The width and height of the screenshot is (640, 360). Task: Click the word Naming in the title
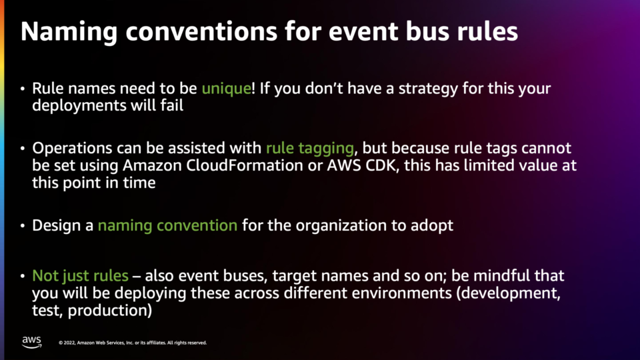click(69, 32)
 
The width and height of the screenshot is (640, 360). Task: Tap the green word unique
click(227, 89)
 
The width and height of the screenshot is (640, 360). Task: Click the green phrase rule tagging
click(310, 149)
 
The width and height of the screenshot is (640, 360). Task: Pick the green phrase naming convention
click(167, 225)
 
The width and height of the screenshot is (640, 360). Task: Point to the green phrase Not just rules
click(81, 276)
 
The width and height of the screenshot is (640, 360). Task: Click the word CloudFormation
click(245, 165)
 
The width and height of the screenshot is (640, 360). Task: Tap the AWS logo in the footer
click(32, 342)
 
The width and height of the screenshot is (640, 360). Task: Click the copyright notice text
click(133, 343)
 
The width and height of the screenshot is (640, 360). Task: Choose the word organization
click(341, 226)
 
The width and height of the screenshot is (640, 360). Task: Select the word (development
click(508, 293)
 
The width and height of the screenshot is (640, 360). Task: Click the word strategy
click(428, 89)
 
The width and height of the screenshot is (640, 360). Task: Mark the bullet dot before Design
click(23, 226)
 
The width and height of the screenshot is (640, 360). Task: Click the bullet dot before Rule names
click(23, 89)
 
